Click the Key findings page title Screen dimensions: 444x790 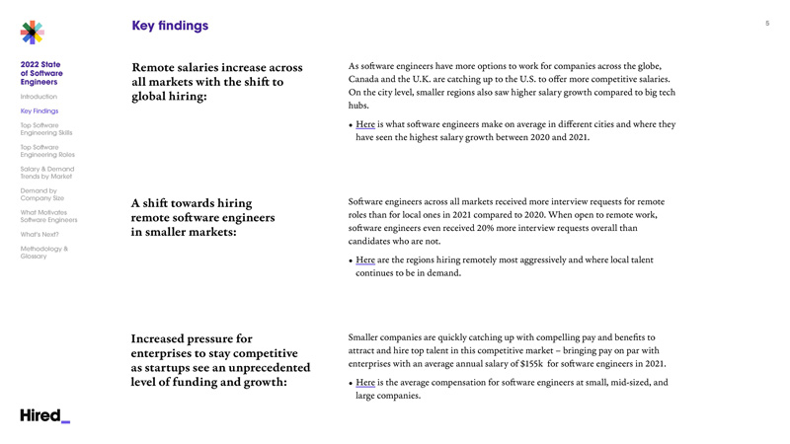(170, 26)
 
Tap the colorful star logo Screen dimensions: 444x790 (33, 33)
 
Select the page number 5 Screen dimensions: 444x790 (766, 23)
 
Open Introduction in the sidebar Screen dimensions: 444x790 (39, 97)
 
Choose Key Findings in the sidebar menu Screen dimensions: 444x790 (39, 111)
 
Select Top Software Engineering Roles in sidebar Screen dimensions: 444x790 (47, 151)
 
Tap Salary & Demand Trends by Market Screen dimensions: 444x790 (47, 173)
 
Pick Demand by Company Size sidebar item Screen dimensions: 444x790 (42, 194)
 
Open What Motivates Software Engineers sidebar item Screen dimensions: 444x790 (48, 216)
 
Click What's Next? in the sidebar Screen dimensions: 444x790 (39, 235)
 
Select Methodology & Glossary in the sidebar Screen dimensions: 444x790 (44, 253)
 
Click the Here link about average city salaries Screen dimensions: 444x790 (365, 125)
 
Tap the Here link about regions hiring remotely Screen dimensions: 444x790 (365, 260)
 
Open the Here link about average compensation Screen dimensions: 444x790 (365, 383)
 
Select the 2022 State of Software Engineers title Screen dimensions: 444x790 (41, 73)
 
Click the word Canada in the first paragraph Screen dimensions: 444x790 (365, 79)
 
